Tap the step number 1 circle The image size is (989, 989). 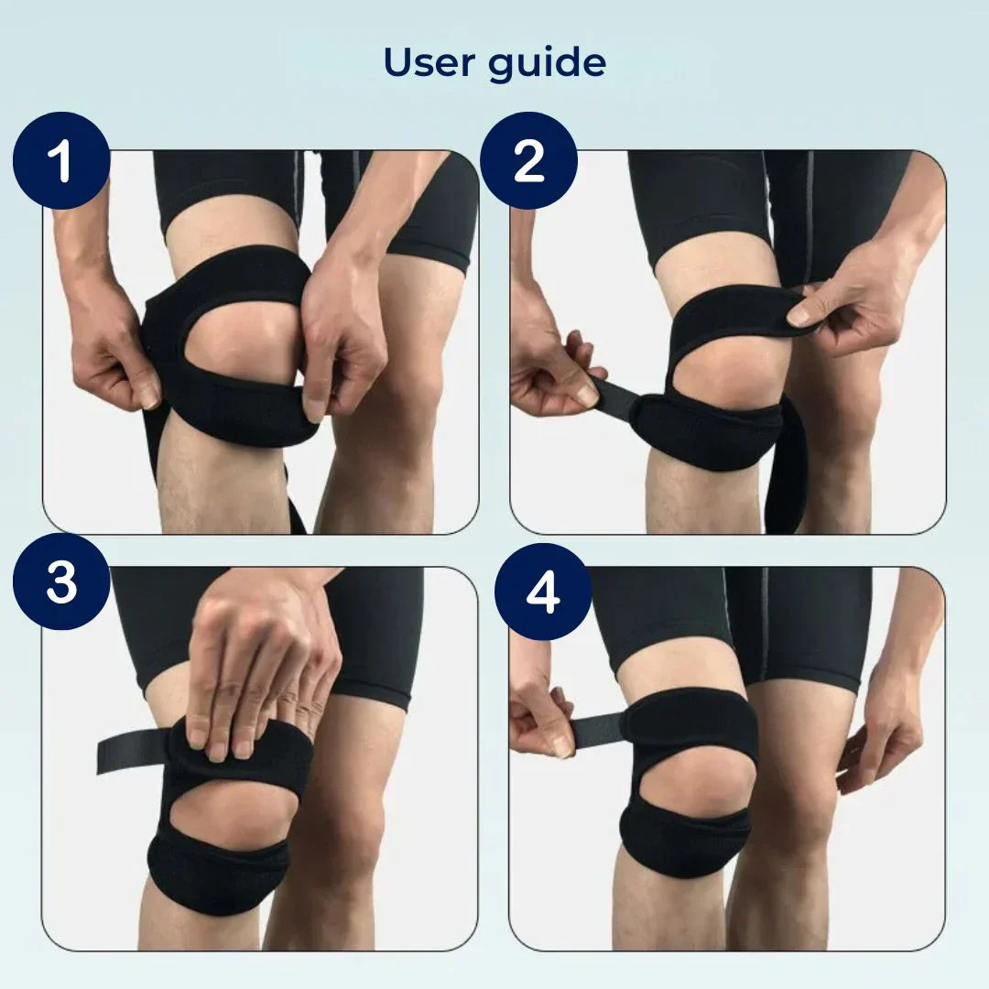60,161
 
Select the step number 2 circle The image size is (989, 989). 528,161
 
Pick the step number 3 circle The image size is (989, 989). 60,583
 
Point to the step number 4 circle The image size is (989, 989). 542,592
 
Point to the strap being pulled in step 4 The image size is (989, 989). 595,730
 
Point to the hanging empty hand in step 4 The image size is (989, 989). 879,733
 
